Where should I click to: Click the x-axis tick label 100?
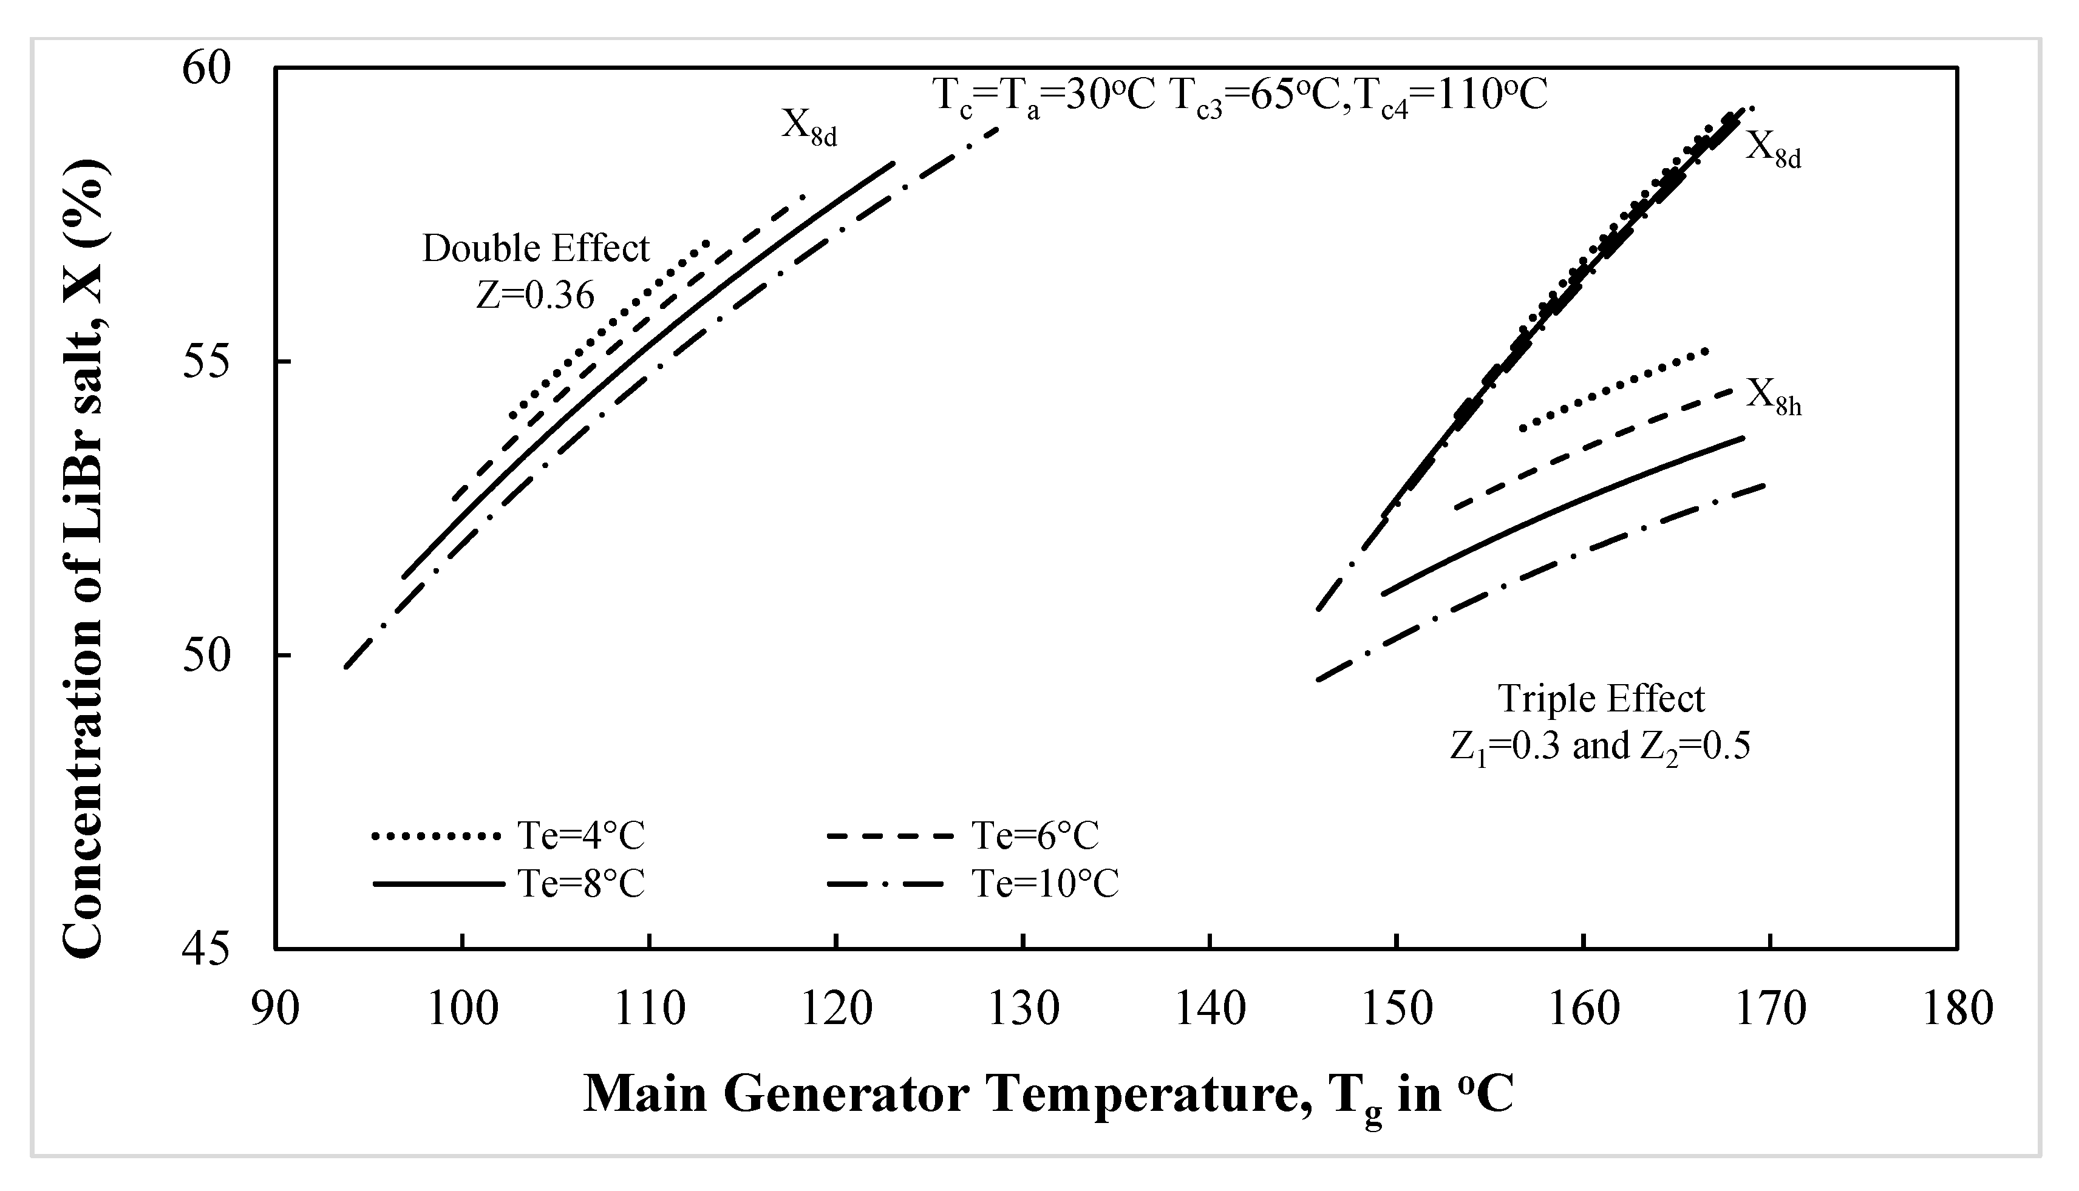pos(461,1009)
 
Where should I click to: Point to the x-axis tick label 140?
pos(1210,1009)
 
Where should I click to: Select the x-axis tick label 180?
pos(1957,1009)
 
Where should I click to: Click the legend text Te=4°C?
pos(581,836)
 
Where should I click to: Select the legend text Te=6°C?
pos(1035,836)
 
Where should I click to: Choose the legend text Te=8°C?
pos(581,883)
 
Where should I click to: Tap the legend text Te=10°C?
pos(1045,883)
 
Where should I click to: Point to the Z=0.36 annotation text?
pos(536,295)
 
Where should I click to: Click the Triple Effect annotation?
pos(1601,699)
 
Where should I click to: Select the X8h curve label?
pos(1774,397)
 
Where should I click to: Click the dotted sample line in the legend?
pos(435,836)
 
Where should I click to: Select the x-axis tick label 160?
pos(1583,1009)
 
